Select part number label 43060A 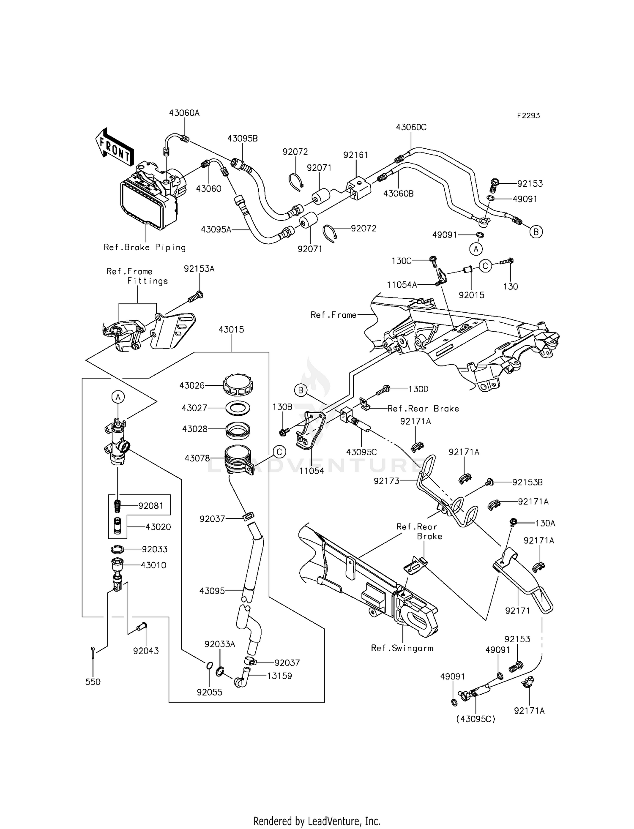tap(184, 113)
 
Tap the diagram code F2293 tap(528, 115)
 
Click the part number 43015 tap(231, 329)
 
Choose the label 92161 tap(355, 155)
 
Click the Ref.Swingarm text tap(402, 648)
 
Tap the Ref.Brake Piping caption tap(145, 247)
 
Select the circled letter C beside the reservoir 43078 tap(279, 452)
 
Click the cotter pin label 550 tap(93, 682)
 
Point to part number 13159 tap(279, 676)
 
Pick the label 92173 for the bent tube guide tap(386, 481)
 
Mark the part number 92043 tap(146, 651)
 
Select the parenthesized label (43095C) tap(475, 718)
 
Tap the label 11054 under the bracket tap(312, 471)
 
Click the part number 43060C tap(411, 127)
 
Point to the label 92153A tap(199, 268)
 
